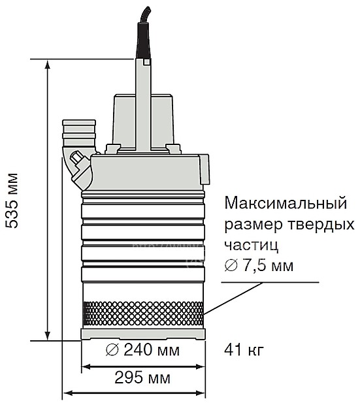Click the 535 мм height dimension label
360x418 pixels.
pos(12,201)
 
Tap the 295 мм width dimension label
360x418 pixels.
pos(142,378)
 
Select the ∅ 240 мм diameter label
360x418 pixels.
pos(142,350)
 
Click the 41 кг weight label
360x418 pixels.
pos(244,350)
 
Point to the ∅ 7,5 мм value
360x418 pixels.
pos(259,266)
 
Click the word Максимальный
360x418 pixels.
pos(286,203)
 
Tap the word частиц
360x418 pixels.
pos(252,246)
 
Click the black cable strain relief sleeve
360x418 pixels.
pos(144,40)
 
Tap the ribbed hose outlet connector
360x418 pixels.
pos(79,133)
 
